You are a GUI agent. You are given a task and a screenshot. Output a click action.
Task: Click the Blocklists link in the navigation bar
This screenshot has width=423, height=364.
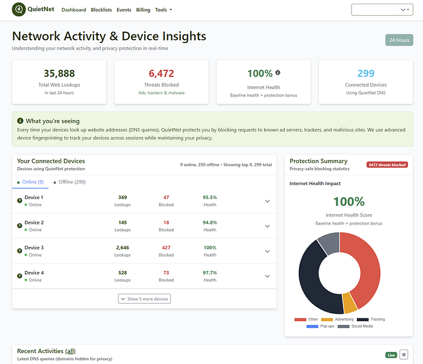(101, 10)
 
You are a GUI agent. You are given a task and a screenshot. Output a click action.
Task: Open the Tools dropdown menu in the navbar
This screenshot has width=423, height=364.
(163, 10)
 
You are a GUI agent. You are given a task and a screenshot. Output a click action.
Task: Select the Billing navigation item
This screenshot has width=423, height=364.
(143, 10)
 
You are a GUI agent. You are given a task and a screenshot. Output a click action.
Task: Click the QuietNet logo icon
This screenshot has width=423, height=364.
(19, 10)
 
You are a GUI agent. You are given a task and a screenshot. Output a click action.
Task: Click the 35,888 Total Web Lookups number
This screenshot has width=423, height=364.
(59, 73)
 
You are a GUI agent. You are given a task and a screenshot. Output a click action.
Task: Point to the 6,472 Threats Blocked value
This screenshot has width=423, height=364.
(161, 73)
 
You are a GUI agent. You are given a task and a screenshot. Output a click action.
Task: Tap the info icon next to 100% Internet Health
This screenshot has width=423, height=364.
(278, 73)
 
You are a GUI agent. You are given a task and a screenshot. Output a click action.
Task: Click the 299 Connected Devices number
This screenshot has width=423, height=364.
(365, 73)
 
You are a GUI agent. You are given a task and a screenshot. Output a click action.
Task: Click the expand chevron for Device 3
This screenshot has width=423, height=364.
(267, 251)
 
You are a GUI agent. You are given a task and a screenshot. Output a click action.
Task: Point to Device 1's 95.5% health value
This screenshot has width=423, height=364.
(210, 197)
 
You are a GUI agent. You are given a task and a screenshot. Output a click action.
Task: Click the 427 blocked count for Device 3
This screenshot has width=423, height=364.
(166, 248)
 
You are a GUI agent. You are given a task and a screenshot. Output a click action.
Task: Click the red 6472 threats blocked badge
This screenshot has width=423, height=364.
(386, 164)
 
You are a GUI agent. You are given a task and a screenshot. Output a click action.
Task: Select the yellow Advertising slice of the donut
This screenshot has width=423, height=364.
(349, 302)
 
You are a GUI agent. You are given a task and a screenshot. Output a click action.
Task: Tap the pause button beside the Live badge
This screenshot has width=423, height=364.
(404, 355)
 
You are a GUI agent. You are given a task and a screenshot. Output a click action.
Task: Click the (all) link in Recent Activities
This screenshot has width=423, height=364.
(70, 351)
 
